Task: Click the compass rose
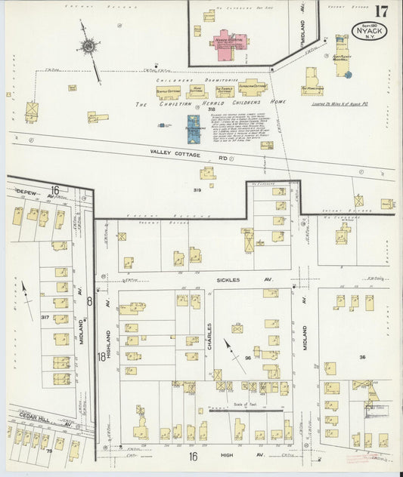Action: [88, 47]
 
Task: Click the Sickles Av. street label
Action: [237, 279]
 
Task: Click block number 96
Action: [247, 359]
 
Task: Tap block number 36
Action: [362, 357]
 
